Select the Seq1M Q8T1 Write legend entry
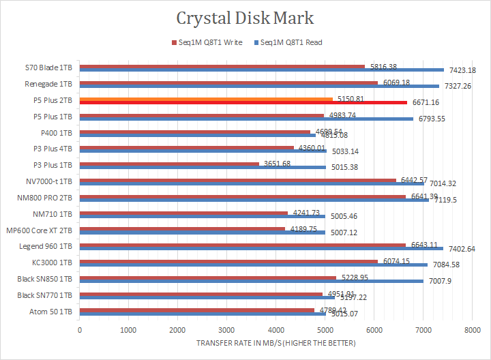[208, 42]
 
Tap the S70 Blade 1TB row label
[48, 67]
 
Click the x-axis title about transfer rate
[275, 342]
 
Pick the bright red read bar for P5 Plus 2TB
[243, 103]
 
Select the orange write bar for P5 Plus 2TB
[206, 99]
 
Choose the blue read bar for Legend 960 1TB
[261, 249]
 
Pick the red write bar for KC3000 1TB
[228, 261]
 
